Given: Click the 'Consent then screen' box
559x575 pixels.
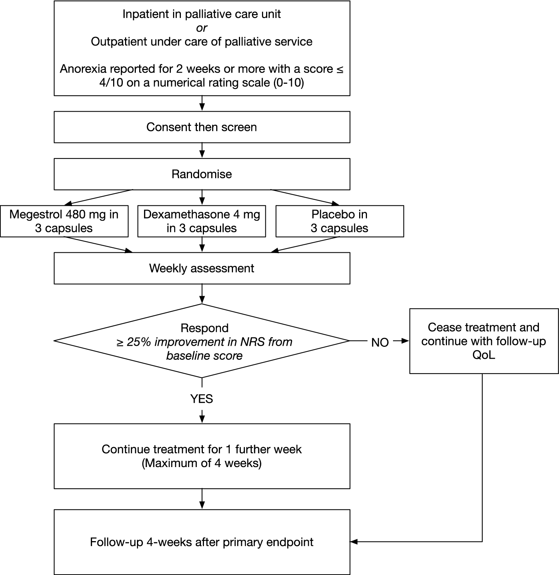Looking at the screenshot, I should (x=202, y=127).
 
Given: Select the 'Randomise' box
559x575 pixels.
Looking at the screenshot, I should (x=202, y=174).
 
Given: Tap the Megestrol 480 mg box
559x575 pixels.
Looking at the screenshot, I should (x=64, y=221).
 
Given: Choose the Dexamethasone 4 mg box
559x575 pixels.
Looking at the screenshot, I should (x=202, y=221).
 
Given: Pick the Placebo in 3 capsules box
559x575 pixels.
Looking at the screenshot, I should (x=339, y=221).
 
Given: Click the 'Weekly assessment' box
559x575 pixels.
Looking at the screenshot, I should (x=202, y=268).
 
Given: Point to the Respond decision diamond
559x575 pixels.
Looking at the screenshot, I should (x=202, y=341).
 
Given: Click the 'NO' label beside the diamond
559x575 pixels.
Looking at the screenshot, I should (x=380, y=342).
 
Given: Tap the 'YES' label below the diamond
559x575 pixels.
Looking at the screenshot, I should (x=202, y=399).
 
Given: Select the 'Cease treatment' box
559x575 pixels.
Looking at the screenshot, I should (x=484, y=341).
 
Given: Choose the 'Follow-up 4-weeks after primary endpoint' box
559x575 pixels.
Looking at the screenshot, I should (x=202, y=542).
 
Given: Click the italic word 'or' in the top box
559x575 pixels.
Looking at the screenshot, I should (x=202, y=28).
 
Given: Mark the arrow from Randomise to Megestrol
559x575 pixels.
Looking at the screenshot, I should (x=100, y=197).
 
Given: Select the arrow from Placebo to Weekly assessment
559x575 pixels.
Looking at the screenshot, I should (x=305, y=245).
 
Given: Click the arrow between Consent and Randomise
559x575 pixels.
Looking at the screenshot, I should (x=202, y=151).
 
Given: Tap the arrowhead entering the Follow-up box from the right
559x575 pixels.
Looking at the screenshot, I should (x=354, y=542).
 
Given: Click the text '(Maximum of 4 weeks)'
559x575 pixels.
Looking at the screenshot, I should (x=202, y=463).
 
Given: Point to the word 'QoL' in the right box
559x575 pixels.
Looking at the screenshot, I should (x=484, y=355).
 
